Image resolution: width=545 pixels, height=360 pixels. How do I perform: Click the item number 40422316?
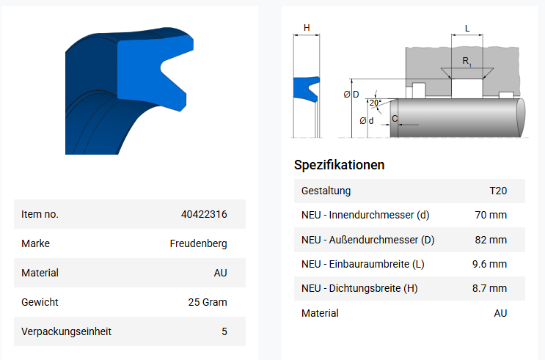tap(204, 214)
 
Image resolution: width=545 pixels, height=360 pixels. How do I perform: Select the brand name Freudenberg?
tap(198, 243)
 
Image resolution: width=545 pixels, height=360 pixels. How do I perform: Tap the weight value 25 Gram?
tap(208, 302)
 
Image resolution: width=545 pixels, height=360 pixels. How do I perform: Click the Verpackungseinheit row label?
tap(67, 331)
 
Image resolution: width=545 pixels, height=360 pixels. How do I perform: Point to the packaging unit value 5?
tap(224, 331)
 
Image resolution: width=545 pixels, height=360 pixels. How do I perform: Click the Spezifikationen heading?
tap(339, 165)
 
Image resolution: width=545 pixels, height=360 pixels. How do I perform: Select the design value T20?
tap(498, 191)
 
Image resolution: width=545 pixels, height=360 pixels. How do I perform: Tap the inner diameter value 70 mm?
tap(491, 215)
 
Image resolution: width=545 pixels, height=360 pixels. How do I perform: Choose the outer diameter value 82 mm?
tap(491, 240)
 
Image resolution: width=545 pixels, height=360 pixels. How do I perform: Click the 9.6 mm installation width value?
tap(489, 264)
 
